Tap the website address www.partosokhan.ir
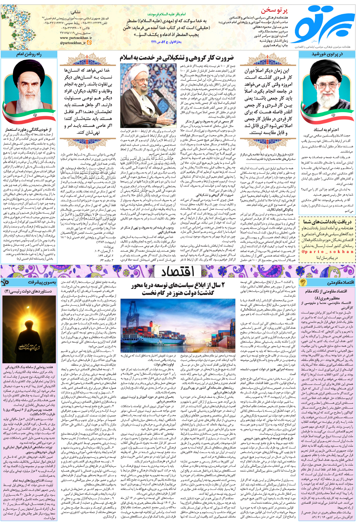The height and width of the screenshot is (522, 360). (x=76, y=38)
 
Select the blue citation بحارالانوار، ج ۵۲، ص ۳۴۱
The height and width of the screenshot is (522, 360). (x=166, y=42)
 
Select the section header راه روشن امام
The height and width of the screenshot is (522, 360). (x=29, y=54)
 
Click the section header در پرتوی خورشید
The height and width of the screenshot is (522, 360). (x=327, y=54)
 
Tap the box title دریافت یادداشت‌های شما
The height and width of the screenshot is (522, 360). (x=327, y=221)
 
